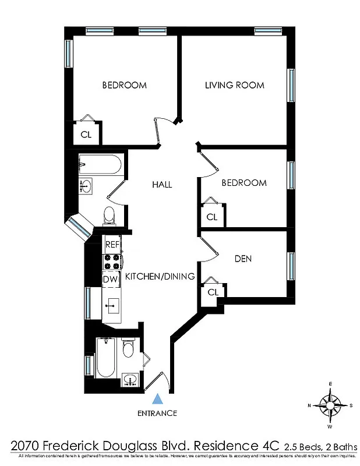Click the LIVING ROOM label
tap(234, 85)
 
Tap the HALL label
tap(162, 184)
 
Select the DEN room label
tap(243, 258)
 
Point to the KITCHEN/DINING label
tap(160, 277)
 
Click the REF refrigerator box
tap(111, 245)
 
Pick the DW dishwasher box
tap(111, 279)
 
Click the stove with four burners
tap(111, 262)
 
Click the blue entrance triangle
tap(157, 399)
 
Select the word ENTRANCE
tap(157, 413)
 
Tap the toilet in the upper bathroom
tap(109, 216)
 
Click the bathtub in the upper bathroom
tap(100, 165)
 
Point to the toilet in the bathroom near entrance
tap(128, 349)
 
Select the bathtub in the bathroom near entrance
tap(105, 358)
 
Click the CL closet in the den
tap(212, 292)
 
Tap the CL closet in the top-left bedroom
tap(86, 135)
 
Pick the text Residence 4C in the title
tap(237, 446)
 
